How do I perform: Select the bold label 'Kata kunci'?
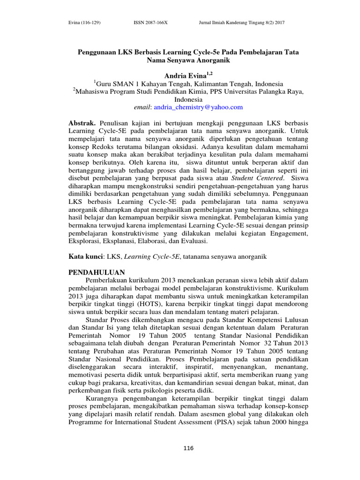85,256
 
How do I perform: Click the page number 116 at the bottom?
188,449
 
